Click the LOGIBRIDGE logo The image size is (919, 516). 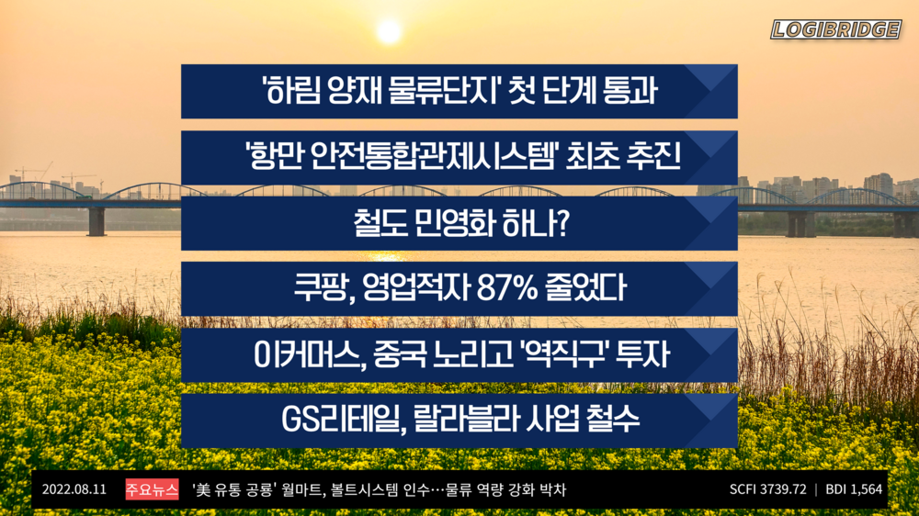(834, 29)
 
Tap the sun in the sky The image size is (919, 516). (389, 31)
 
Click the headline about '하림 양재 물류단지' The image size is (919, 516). (459, 92)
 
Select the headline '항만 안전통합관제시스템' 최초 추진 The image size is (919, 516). (459, 158)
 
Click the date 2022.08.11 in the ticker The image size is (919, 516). (74, 489)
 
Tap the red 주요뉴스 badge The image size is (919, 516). (152, 489)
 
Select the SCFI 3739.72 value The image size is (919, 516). (767, 489)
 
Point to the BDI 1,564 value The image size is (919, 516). (854, 489)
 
